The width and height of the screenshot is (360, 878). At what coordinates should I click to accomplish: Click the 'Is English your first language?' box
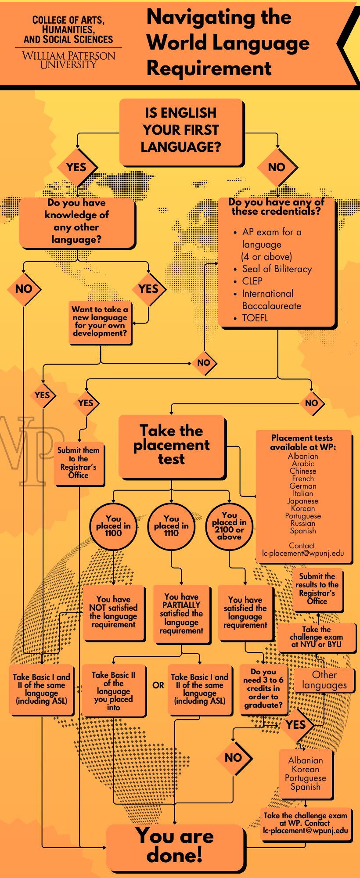[x=181, y=130]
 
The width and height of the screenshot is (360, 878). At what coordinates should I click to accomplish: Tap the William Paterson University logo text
[x=68, y=60]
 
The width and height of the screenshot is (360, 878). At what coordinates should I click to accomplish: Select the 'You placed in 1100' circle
[x=113, y=526]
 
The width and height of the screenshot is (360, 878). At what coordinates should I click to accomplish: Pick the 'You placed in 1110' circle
[x=171, y=526]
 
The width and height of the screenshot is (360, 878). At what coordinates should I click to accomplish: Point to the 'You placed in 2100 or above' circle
[x=229, y=526]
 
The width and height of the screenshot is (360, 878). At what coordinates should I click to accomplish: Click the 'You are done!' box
[x=175, y=847]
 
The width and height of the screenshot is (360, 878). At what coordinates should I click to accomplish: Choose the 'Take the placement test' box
[x=171, y=445]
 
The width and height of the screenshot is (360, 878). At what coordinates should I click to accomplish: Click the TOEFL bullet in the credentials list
[x=255, y=318]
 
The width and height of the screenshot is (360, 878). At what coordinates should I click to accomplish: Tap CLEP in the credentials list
[x=252, y=281]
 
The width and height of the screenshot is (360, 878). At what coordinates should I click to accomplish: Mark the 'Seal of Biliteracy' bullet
[x=277, y=269]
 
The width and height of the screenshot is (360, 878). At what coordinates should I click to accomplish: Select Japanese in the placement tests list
[x=303, y=501]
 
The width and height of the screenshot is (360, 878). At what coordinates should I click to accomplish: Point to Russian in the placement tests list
[x=303, y=523]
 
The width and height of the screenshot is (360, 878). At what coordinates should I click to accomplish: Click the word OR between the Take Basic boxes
[x=158, y=685]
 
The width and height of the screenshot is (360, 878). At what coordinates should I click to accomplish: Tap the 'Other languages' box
[x=324, y=680]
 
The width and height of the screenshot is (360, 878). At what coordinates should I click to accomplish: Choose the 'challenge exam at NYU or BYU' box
[x=316, y=637]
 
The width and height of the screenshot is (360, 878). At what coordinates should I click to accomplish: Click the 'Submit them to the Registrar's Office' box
[x=79, y=463]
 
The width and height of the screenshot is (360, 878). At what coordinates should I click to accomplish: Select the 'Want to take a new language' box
[x=100, y=321]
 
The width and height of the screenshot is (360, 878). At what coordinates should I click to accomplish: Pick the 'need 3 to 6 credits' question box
[x=263, y=688]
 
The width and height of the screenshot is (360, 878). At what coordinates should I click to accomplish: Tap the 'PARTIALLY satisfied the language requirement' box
[x=181, y=614]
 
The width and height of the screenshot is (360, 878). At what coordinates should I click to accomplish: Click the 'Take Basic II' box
[x=113, y=691]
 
